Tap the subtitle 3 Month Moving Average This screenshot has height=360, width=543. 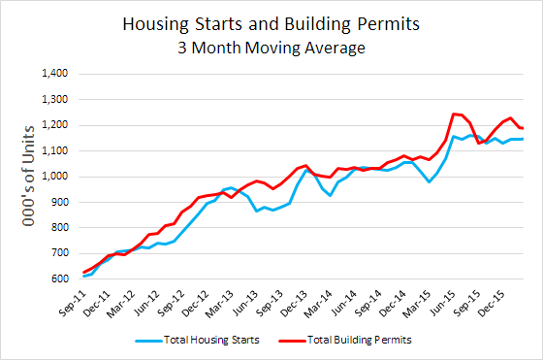point(271,47)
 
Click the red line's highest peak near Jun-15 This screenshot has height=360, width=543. point(454,114)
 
